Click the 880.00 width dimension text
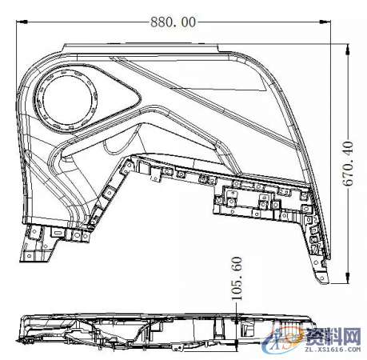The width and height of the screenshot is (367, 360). tap(172, 22)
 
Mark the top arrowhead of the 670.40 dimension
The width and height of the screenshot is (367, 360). tap(349, 47)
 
